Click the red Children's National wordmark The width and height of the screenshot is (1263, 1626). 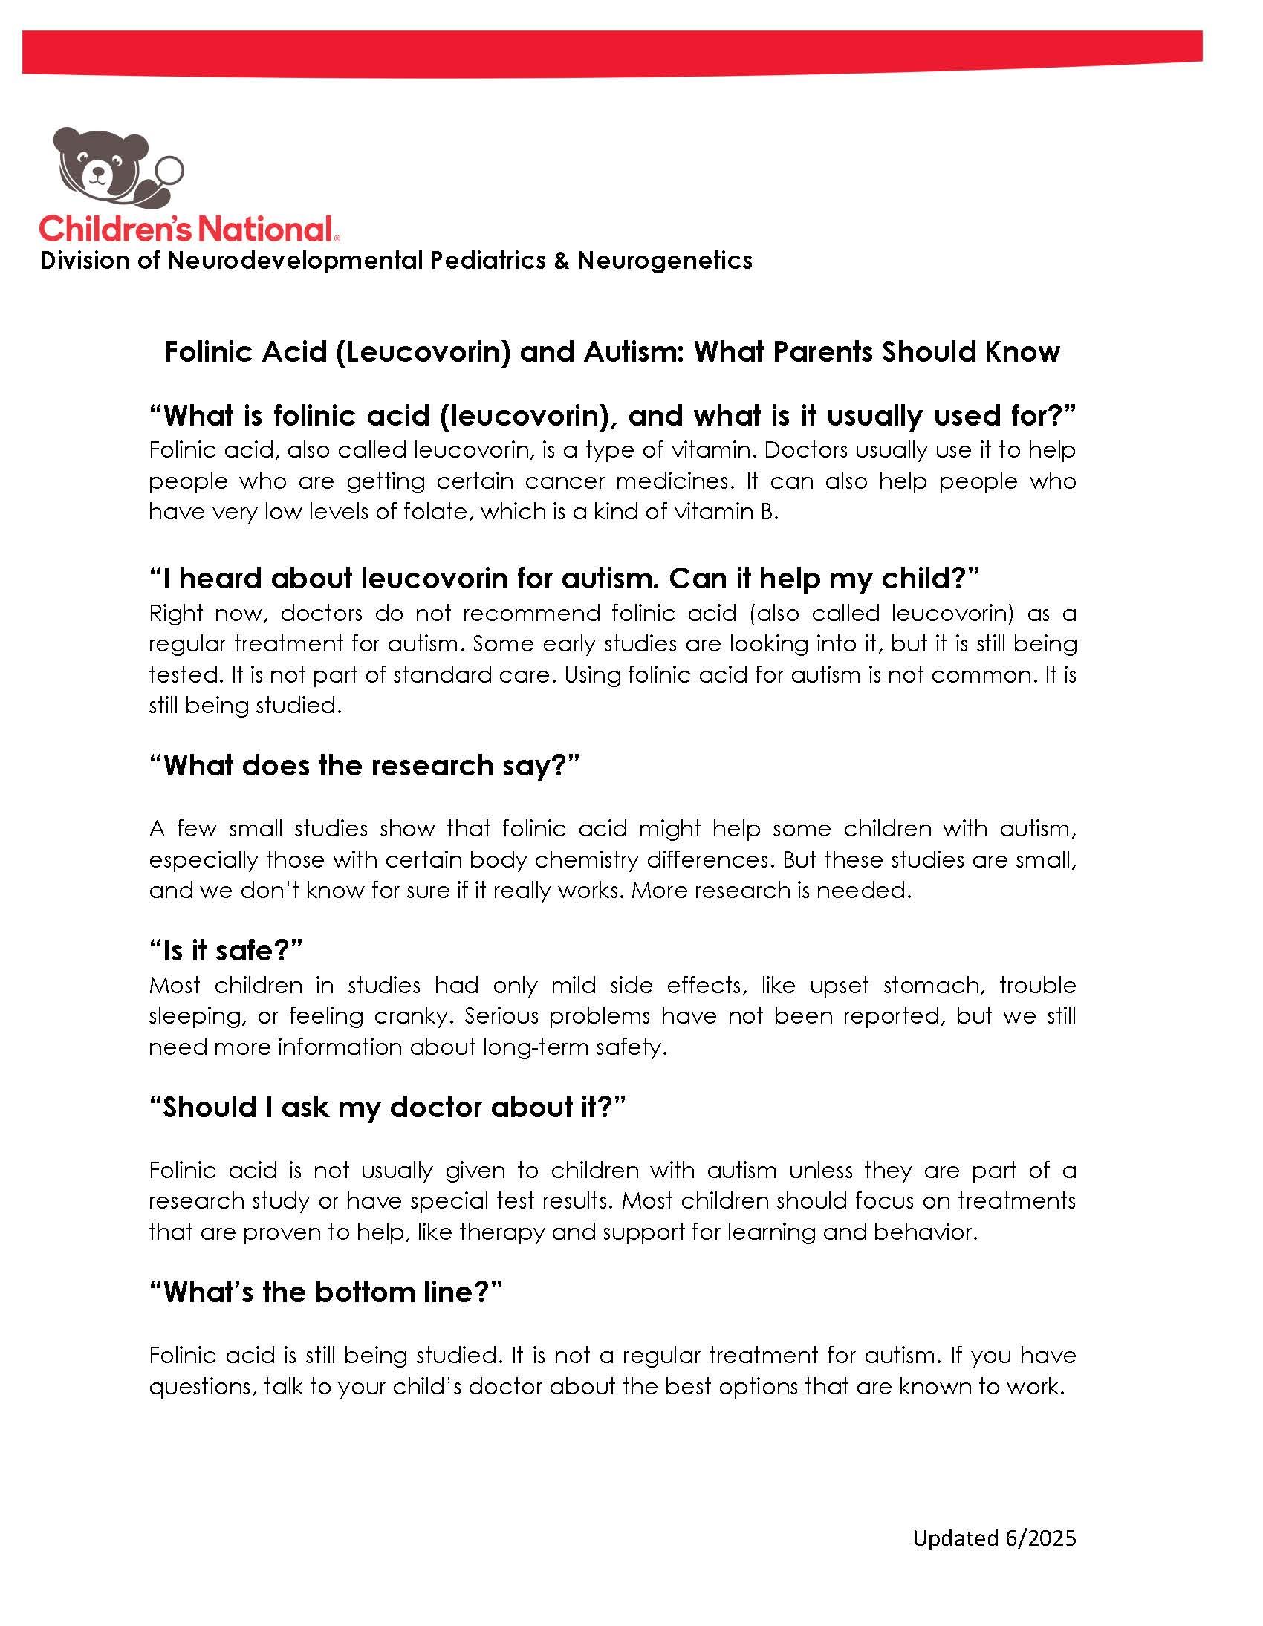(186, 229)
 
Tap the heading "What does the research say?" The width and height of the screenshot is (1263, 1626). (364, 765)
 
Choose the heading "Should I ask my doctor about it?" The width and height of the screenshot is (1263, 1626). (386, 1107)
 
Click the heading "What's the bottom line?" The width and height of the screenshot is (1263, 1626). (326, 1292)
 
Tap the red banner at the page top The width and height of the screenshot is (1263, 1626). (611, 52)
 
